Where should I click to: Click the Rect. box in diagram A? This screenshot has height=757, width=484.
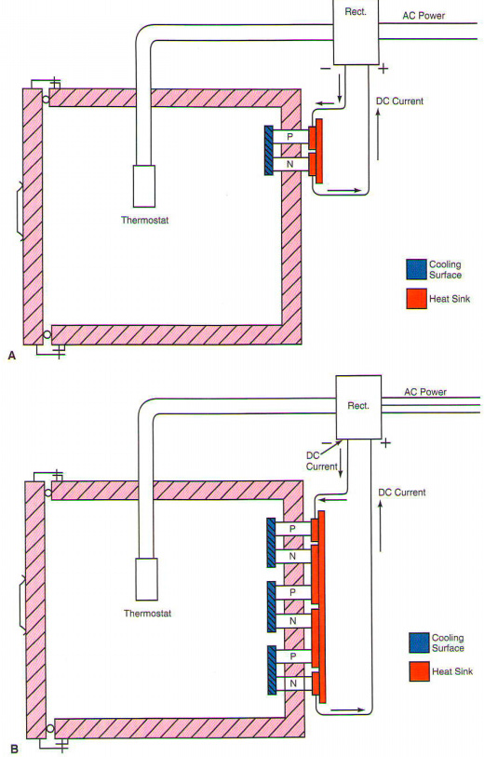[356, 32]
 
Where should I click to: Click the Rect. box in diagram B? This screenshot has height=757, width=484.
[358, 408]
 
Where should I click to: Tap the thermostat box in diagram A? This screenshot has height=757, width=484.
[144, 186]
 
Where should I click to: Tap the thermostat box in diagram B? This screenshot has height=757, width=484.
[147, 579]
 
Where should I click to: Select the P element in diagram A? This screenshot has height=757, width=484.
[290, 137]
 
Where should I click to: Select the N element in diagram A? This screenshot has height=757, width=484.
[290, 164]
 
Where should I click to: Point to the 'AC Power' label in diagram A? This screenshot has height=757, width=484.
[423, 16]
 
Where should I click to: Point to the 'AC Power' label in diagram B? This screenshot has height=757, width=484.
[425, 392]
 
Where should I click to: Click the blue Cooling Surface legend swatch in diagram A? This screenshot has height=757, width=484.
[416, 269]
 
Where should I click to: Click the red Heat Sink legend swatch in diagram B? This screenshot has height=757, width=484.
[420, 671]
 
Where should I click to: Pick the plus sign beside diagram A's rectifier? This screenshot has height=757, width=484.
[383, 69]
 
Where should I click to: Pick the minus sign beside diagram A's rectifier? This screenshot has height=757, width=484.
[326, 69]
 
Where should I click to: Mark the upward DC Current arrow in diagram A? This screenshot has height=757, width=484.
[378, 134]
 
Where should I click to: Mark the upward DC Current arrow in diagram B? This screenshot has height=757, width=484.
[381, 526]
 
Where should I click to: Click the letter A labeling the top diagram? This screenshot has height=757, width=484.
[12, 356]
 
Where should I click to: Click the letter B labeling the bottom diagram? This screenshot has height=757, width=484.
[15, 750]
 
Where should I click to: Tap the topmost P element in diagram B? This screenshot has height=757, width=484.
[292, 529]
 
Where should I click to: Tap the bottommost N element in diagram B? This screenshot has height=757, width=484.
[292, 683]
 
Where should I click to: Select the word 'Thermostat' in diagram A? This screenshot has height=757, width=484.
[145, 220]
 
